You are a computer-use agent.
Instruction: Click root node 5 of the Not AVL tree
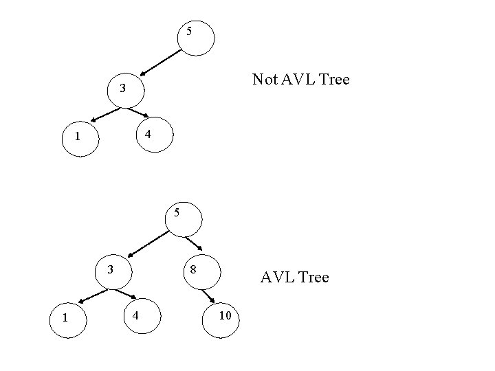pyautogui.click(x=196, y=35)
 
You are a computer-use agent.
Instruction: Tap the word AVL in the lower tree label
pyautogui.click(x=276, y=278)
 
